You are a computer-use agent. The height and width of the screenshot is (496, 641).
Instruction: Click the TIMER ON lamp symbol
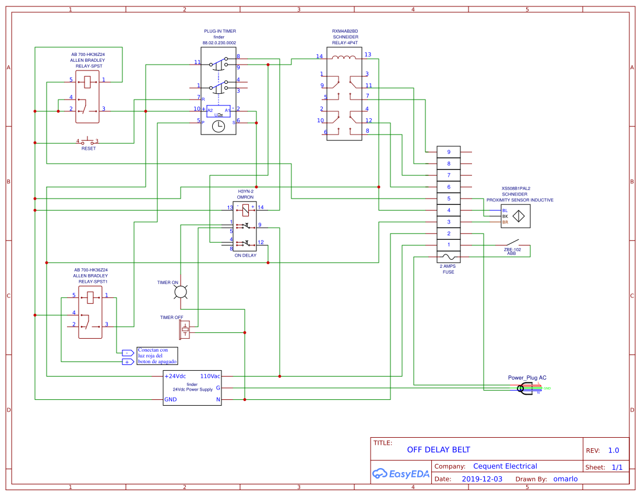[x=181, y=292]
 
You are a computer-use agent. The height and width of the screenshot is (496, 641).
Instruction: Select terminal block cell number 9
[x=448, y=152]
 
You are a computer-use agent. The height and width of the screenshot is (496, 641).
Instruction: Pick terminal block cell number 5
[x=448, y=199]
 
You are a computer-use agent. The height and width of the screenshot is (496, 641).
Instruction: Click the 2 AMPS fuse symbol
[x=448, y=257]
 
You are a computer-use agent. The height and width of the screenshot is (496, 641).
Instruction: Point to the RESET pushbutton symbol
[x=87, y=141]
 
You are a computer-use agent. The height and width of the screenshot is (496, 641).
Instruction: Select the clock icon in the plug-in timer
[x=219, y=127]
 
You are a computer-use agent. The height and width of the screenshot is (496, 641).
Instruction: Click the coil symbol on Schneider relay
[x=344, y=57]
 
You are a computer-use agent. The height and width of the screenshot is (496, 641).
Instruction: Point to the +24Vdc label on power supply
[x=175, y=376]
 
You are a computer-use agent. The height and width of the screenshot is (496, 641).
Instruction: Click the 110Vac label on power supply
[x=210, y=376]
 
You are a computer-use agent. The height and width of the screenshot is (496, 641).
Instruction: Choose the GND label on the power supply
[x=171, y=399]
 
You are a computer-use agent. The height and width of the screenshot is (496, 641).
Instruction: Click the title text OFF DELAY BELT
[x=438, y=449]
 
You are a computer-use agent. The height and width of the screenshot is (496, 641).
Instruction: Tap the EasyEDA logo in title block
[x=401, y=473]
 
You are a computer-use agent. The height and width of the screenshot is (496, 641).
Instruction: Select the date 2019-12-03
[x=481, y=479]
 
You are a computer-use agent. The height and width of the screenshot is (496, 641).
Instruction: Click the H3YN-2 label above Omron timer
[x=245, y=191]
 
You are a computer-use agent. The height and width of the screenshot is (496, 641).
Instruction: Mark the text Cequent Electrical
[x=505, y=466]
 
